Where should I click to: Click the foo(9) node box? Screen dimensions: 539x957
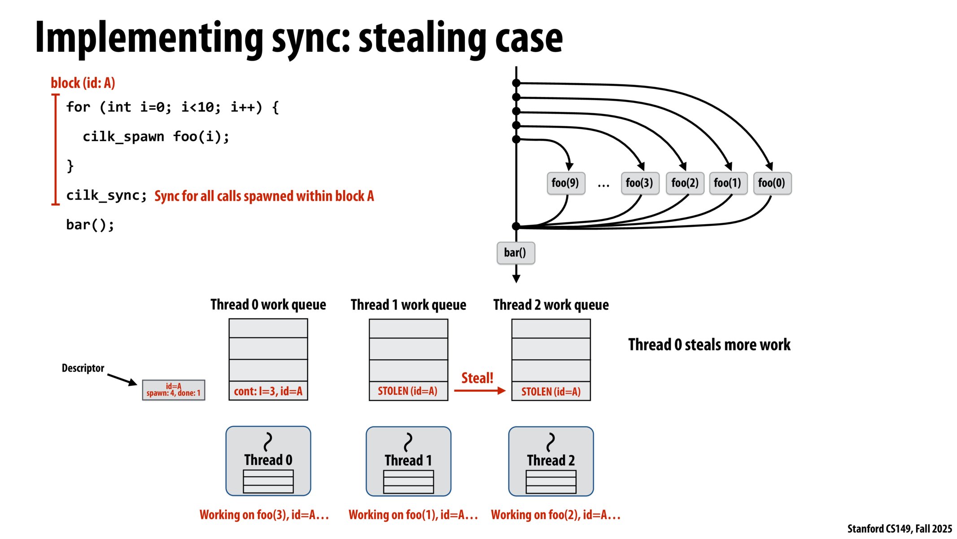tap(565, 183)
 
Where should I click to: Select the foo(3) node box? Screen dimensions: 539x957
tap(639, 183)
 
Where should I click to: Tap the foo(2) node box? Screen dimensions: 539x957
tap(685, 183)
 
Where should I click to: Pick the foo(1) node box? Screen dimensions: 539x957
tap(728, 183)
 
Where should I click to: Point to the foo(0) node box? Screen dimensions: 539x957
tap(772, 183)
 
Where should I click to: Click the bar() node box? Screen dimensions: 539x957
tap(515, 252)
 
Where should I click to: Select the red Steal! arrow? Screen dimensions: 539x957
tap(479, 390)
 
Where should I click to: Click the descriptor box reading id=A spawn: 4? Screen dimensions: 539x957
tap(174, 390)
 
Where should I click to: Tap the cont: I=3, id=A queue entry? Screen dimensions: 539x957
tap(268, 391)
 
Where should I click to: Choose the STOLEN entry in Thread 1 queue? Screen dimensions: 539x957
tap(408, 391)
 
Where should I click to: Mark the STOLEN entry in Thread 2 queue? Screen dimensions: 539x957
tap(551, 391)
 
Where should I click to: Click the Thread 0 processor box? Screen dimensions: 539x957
tap(268, 460)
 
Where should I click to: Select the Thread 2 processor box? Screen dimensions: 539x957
tap(551, 461)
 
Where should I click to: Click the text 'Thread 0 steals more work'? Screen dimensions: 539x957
tap(709, 345)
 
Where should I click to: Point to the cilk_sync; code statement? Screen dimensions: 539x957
tap(106, 195)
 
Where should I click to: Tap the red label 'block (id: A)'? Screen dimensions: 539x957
tap(83, 83)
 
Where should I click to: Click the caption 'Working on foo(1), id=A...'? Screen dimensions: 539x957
tap(413, 515)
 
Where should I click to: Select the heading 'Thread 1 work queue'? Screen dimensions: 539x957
tap(408, 305)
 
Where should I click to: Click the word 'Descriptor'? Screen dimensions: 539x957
tap(83, 368)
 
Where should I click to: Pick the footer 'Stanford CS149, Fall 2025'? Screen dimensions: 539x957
tap(899, 529)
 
